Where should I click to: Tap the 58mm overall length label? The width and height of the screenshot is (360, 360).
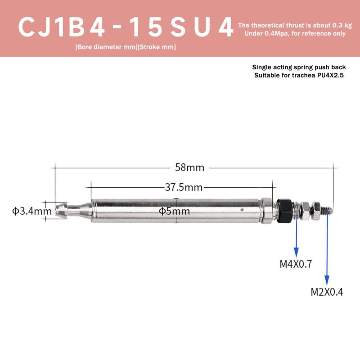pos(189,168)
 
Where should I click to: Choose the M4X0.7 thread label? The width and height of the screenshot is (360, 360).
pos(296,264)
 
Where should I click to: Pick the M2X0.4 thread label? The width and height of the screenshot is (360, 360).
pos(327,292)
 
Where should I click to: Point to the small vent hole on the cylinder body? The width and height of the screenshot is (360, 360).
pos(243,209)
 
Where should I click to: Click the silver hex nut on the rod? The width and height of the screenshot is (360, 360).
pos(306,210)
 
